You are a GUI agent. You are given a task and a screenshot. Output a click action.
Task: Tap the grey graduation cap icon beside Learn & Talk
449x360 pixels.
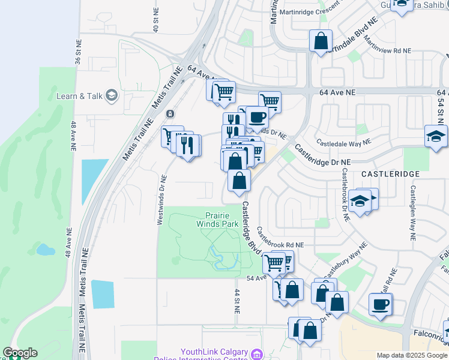coord(111,95)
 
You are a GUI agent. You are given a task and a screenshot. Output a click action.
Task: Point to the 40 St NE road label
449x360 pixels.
coord(155,20)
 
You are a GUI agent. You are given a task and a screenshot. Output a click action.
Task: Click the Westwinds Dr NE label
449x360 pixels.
coord(160,200)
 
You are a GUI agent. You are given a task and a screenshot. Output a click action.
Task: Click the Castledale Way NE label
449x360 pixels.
coord(344,143)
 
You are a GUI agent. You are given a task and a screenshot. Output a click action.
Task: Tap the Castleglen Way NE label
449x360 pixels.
coord(413,213)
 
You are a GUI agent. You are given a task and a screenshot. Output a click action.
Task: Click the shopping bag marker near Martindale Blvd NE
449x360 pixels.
coord(321,41)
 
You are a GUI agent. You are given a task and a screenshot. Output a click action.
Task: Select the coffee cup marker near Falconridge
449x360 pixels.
coord(381,304)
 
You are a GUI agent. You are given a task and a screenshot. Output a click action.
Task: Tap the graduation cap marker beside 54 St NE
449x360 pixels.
coord(436,136)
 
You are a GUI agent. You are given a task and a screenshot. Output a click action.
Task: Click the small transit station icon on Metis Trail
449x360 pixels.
coord(170,113)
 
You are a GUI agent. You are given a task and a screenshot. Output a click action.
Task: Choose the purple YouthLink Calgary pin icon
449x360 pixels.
coord(258,355)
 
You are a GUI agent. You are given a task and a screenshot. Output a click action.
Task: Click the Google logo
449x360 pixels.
coord(20,353)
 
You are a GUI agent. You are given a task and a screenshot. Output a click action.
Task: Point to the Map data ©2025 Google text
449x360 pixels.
coord(411,355)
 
